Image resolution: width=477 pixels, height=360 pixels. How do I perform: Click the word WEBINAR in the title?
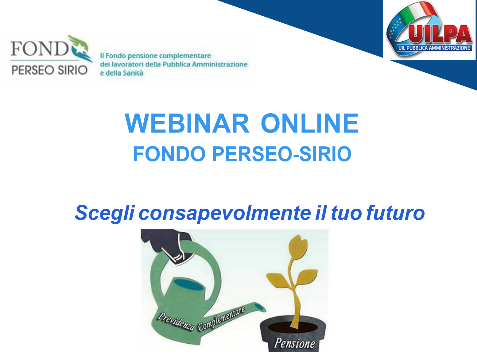[x=187, y=123]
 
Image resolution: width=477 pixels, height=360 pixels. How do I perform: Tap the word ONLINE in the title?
[x=310, y=123]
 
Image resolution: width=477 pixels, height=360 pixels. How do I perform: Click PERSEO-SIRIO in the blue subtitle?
[x=282, y=154]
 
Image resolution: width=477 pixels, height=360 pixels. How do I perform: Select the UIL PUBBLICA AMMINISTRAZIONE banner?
[x=434, y=48]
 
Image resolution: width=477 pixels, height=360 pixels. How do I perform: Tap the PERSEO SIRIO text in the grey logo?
[x=49, y=70]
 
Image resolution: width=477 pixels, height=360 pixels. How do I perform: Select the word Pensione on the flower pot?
[x=294, y=343]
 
